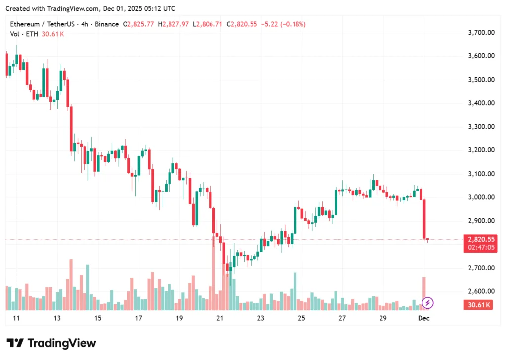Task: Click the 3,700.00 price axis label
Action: click(481, 33)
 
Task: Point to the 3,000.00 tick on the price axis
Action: click(481, 197)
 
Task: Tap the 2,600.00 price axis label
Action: click(481, 291)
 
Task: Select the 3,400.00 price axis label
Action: click(481, 103)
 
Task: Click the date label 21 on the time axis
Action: click(220, 318)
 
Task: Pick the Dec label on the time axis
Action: click(424, 318)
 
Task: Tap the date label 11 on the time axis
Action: click(16, 318)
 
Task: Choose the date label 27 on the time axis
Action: click(342, 318)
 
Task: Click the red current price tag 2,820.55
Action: click(481, 239)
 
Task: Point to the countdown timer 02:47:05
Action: click(481, 248)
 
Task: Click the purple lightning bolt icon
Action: click(428, 302)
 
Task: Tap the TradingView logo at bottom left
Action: click(51, 343)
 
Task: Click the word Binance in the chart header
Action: click(107, 24)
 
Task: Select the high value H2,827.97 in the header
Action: click(173, 24)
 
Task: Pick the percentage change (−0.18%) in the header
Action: click(293, 24)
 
